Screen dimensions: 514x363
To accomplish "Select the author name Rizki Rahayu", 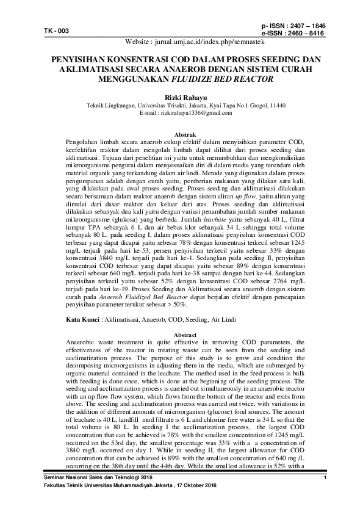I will [x=181, y=96].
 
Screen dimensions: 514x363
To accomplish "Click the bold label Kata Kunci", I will [x=81, y=320].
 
